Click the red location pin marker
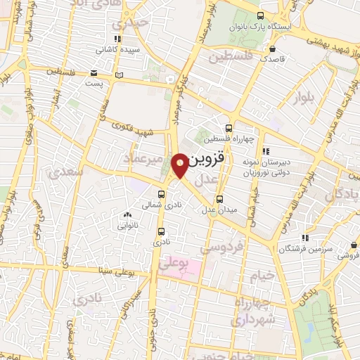[180, 165]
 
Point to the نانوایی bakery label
[127, 227]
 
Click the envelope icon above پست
[94, 72]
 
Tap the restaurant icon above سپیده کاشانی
[117, 39]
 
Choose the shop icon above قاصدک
[272, 49]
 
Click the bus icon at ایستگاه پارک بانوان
[261, 15]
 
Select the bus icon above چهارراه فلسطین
[229, 128]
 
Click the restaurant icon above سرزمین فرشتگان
[304, 238]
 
